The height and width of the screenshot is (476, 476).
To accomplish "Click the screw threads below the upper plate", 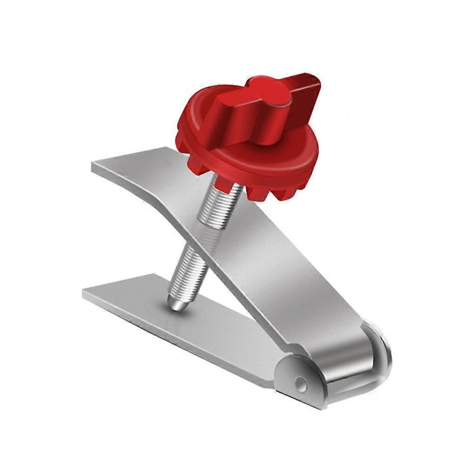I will (x=188, y=270).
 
